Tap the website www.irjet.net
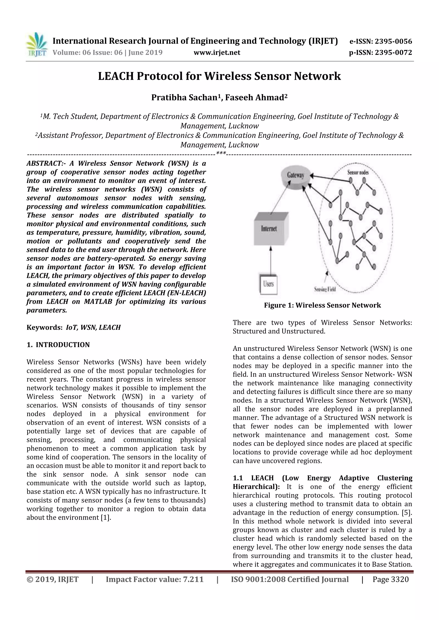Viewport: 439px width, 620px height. click(217, 52)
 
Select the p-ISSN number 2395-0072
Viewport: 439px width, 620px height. click(393, 52)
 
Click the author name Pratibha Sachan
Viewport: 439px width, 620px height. click(184, 97)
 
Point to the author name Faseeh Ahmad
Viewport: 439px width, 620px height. click(254, 97)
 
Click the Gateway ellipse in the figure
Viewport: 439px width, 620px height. click(295, 175)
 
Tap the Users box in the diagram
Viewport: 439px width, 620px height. click(268, 284)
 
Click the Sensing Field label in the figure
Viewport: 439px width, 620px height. click(325, 289)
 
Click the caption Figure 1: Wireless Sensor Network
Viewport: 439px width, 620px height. click(322, 306)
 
